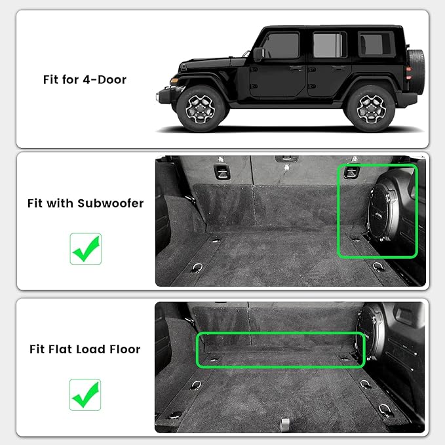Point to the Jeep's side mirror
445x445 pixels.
pyautogui.click(x=259, y=54)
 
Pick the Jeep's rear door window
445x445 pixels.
pyautogui.click(x=329, y=45)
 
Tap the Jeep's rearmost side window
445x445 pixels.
pyautogui.click(x=376, y=45)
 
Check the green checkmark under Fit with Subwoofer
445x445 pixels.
pyautogui.click(x=85, y=248)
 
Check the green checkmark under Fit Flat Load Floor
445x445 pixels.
pyautogui.click(x=85, y=395)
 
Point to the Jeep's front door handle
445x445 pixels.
pyautogui.click(x=296, y=68)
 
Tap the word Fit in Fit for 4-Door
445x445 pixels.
pyautogui.click(x=50, y=80)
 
